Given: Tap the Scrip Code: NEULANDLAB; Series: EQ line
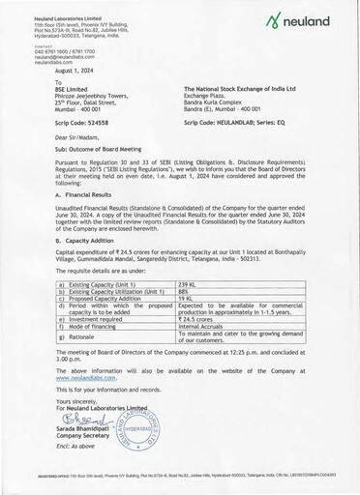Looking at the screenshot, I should pyautogui.click(x=235, y=123).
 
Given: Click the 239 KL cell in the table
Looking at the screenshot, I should pyautogui.click(x=188, y=284).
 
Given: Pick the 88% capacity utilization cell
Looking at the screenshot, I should pyautogui.click(x=184, y=291).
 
